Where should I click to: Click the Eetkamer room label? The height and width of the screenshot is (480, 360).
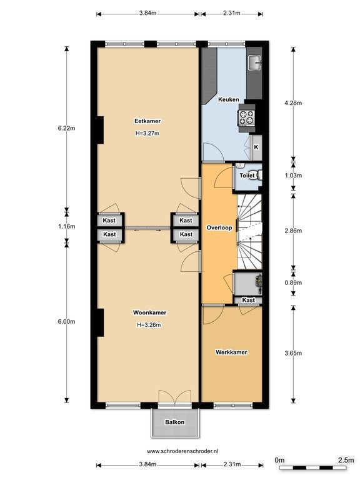point(147,121)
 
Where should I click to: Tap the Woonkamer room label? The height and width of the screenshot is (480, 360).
point(149,312)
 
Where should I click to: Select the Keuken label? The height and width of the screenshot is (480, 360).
point(228,99)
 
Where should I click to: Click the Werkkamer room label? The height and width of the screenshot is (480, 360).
point(231,352)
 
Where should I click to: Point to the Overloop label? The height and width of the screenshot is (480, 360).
point(219,227)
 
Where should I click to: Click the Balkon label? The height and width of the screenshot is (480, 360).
point(175,422)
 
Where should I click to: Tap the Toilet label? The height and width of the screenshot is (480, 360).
point(247,176)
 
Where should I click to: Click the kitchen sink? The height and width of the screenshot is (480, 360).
point(254,62)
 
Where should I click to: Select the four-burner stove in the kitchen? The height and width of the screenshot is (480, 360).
point(247,118)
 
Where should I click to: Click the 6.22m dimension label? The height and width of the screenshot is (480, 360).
point(66,128)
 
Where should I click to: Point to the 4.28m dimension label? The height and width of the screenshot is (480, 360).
point(293,103)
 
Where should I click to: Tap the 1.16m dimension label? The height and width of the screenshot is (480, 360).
point(66,226)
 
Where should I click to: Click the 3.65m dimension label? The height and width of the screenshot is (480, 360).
point(293,353)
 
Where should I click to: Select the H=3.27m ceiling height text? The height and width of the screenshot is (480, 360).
point(147,134)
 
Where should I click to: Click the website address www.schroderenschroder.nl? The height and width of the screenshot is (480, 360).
point(182,451)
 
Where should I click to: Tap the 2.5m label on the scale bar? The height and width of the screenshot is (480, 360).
point(346,460)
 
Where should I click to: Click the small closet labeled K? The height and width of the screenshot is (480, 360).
point(256,147)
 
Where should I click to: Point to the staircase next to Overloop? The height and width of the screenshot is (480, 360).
point(249,231)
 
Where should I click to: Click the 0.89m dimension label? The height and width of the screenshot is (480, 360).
point(293,283)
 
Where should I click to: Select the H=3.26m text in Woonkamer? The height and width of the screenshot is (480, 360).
point(149,325)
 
